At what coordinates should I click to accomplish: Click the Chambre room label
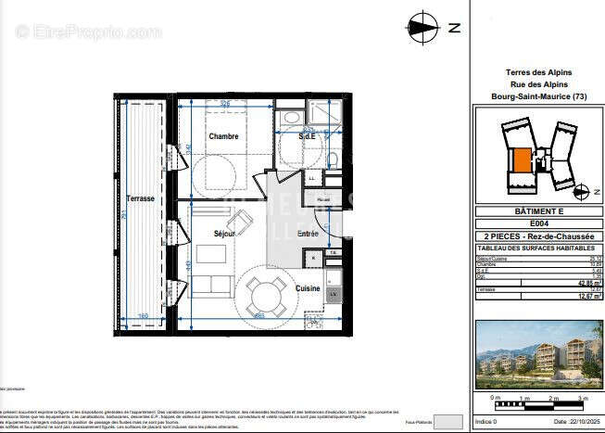coord(223,136)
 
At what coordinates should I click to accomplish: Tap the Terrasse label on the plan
coord(141,198)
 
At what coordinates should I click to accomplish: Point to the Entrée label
coord(307,235)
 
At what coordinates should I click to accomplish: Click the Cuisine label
coord(309,288)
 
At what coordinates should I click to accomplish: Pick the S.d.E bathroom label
coord(307,136)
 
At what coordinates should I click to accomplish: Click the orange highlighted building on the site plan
coord(523,159)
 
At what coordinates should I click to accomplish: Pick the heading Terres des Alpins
coord(538,72)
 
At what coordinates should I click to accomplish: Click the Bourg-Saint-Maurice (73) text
coord(538,96)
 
